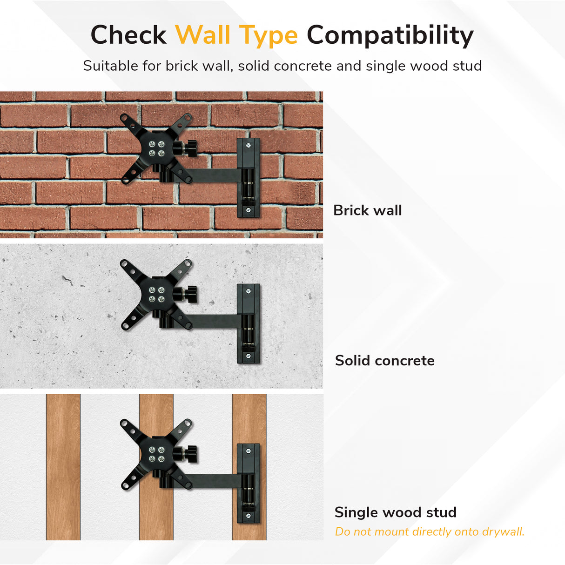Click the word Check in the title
(128, 35)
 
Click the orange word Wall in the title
(203, 35)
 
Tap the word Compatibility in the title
(390, 35)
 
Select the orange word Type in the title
(269, 36)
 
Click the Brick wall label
(367, 210)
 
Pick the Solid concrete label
(384, 361)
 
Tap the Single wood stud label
(395, 512)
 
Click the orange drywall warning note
(430, 532)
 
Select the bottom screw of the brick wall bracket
(249, 210)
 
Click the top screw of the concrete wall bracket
(249, 291)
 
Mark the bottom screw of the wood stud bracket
(249, 516)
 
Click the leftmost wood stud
(63, 467)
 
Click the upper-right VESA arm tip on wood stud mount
(188, 424)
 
